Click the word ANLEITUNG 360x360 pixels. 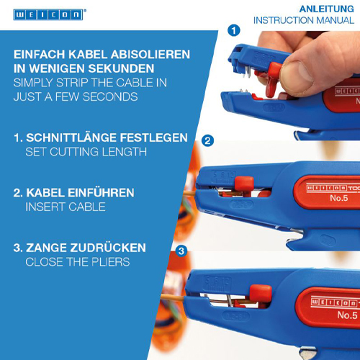click(x=327, y=9)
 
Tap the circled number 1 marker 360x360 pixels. click(x=234, y=30)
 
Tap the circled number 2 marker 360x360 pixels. click(x=207, y=141)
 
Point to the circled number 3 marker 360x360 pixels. click(x=181, y=251)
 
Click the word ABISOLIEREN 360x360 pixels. click(x=150, y=55)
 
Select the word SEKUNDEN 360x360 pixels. click(x=121, y=68)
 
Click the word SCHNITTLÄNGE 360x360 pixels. click(x=71, y=138)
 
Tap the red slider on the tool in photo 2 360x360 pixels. click(x=244, y=183)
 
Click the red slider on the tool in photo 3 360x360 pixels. click(x=261, y=293)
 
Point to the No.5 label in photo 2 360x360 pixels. click(x=339, y=198)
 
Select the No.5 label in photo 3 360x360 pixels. click(x=347, y=315)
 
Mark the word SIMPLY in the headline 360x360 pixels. click(x=33, y=83)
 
